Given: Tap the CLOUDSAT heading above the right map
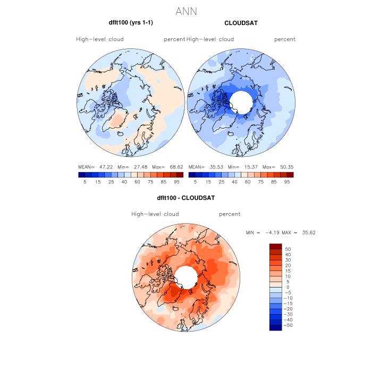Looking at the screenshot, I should pyautogui.click(x=241, y=23).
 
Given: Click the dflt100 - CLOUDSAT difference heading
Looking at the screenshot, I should pyautogui.click(x=185, y=198).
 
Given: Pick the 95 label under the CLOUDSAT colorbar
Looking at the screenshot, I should pyautogui.click(x=287, y=182).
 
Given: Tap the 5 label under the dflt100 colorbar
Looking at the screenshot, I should pyautogui.click(x=84, y=182).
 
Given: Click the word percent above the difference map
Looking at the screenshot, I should pyautogui.click(x=230, y=214).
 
